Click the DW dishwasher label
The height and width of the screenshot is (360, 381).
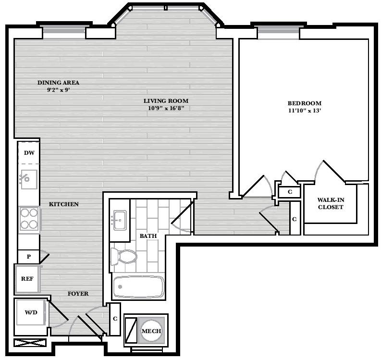(29, 153)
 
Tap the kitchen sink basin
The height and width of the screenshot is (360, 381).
(28, 179)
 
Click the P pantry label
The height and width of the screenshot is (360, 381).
(29, 257)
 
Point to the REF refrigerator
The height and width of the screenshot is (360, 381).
(27, 279)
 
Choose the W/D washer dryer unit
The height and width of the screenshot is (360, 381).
(31, 312)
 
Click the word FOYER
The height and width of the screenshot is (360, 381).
(78, 294)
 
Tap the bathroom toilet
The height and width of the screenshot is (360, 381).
(123, 256)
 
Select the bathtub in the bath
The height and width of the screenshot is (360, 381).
(138, 286)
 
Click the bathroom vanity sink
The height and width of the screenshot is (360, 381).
(120, 220)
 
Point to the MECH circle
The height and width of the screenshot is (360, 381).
(151, 331)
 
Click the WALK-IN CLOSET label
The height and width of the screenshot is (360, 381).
(331, 203)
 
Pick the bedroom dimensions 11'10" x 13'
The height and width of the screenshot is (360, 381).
(305, 111)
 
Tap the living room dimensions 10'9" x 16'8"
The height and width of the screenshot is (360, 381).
(166, 108)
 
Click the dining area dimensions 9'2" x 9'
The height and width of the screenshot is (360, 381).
(58, 90)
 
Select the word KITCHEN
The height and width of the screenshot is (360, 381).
(64, 204)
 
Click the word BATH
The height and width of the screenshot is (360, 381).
(148, 236)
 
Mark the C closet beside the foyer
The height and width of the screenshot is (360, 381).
(115, 319)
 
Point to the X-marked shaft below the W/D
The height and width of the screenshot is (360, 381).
(30, 343)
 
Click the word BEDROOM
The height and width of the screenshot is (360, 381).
(305, 103)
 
